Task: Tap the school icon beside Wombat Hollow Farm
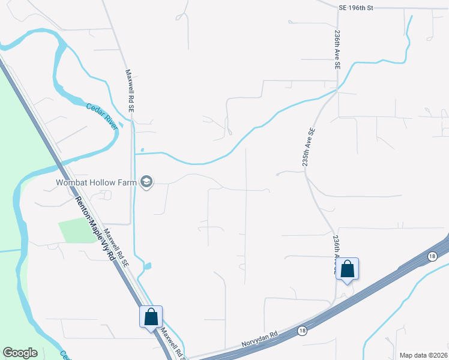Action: click(x=146, y=182)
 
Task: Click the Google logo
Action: click(x=20, y=353)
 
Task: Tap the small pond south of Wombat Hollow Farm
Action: click(x=148, y=266)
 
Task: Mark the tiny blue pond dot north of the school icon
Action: click(x=142, y=149)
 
